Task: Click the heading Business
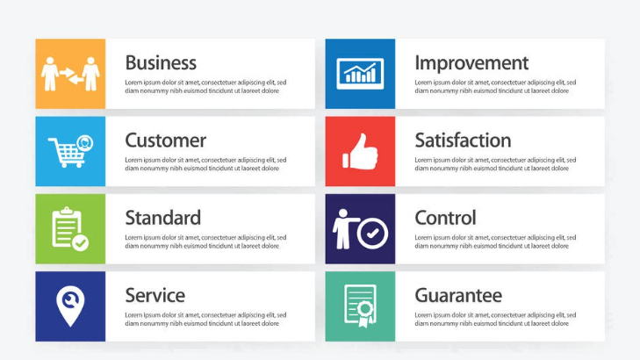(x=161, y=63)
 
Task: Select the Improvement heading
(x=471, y=63)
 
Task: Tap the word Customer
(x=165, y=140)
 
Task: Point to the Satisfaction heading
(x=463, y=140)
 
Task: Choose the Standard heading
(x=163, y=218)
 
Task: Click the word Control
(x=445, y=218)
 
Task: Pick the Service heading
(x=155, y=296)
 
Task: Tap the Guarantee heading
(x=458, y=296)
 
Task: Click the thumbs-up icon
(x=360, y=151)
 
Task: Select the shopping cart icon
(x=66, y=153)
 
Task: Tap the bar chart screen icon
(x=360, y=74)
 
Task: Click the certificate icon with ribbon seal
(x=360, y=306)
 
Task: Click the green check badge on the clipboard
(x=81, y=243)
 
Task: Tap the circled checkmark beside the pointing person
(x=372, y=234)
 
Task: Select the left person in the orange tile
(x=49, y=74)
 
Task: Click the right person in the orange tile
(x=90, y=74)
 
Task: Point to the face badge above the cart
(x=85, y=143)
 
